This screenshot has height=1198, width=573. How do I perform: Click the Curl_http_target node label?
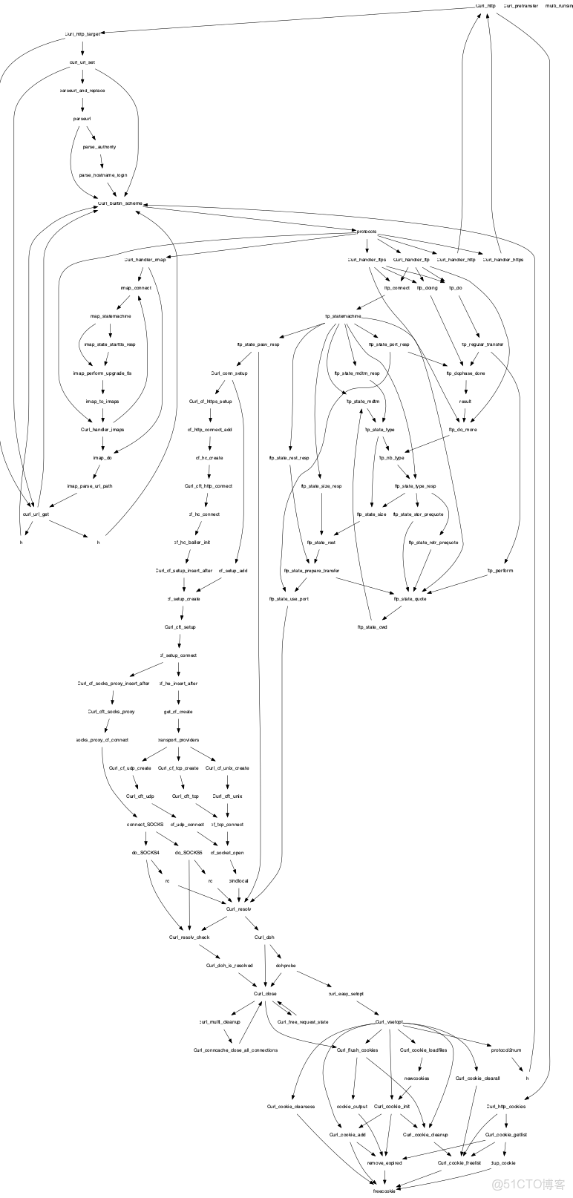click(x=82, y=34)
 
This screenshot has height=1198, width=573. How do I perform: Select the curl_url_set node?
click(x=82, y=62)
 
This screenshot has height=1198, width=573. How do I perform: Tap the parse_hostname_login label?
click(x=103, y=175)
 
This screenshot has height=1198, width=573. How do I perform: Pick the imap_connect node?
click(x=136, y=288)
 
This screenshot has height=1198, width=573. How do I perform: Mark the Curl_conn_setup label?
click(x=229, y=373)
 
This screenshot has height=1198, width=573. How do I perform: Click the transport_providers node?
click(x=178, y=739)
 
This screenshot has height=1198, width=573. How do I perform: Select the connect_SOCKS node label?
click(x=145, y=824)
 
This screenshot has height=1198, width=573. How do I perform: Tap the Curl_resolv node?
click(x=239, y=909)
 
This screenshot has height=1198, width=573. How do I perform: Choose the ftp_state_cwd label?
click(x=373, y=627)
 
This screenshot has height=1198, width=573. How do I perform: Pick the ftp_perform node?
click(x=500, y=571)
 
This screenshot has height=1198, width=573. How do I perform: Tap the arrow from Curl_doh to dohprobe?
click(x=274, y=952)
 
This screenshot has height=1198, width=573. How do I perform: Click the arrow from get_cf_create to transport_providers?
click(x=178, y=726)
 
